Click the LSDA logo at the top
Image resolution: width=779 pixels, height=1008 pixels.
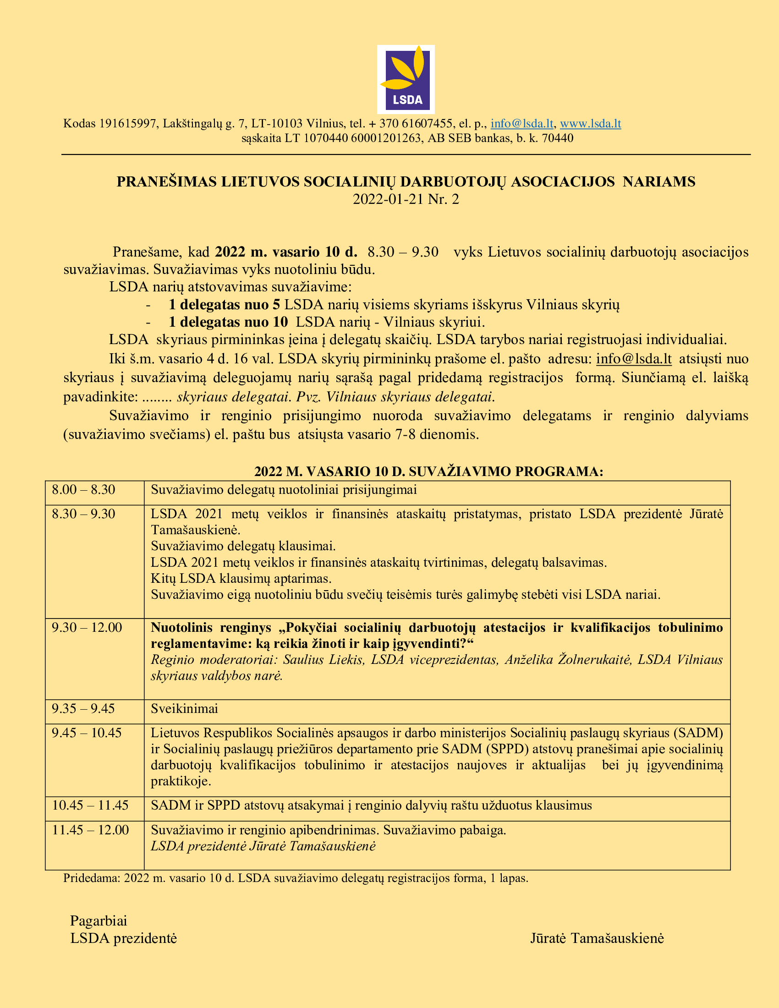[x=406, y=79]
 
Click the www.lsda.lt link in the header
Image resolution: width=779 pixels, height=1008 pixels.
[x=590, y=124]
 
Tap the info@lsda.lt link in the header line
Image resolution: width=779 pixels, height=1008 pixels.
[x=521, y=124]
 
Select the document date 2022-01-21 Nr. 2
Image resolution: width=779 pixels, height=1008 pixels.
[x=406, y=199]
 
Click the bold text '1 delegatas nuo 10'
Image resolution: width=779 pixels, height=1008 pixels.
[x=228, y=322]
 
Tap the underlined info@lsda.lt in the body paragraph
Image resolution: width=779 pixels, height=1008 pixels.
[x=634, y=359]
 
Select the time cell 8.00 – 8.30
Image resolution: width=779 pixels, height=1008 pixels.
[x=83, y=490]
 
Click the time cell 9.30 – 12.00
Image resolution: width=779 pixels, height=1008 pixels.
[x=87, y=628]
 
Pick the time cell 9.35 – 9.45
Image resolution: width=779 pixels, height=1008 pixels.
[x=83, y=709]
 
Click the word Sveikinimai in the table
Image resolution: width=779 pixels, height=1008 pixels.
[x=184, y=709]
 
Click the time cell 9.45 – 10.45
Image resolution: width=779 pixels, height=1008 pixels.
[x=87, y=733]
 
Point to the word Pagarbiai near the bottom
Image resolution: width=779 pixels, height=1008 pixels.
[x=99, y=921]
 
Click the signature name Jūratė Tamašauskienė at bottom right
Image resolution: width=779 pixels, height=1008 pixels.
[x=597, y=938]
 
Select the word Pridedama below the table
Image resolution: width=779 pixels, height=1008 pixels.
[x=90, y=878]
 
